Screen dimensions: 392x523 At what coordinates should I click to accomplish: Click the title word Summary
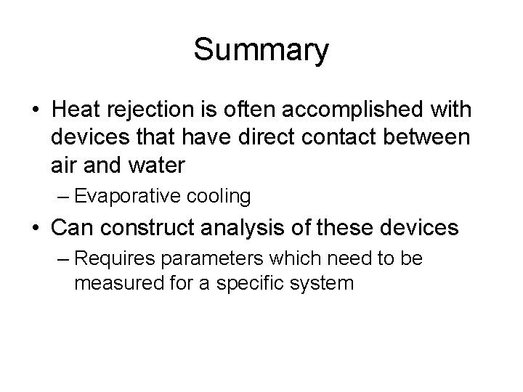coord(261,52)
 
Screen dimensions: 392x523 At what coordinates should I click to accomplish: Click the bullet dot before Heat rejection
coord(35,111)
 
